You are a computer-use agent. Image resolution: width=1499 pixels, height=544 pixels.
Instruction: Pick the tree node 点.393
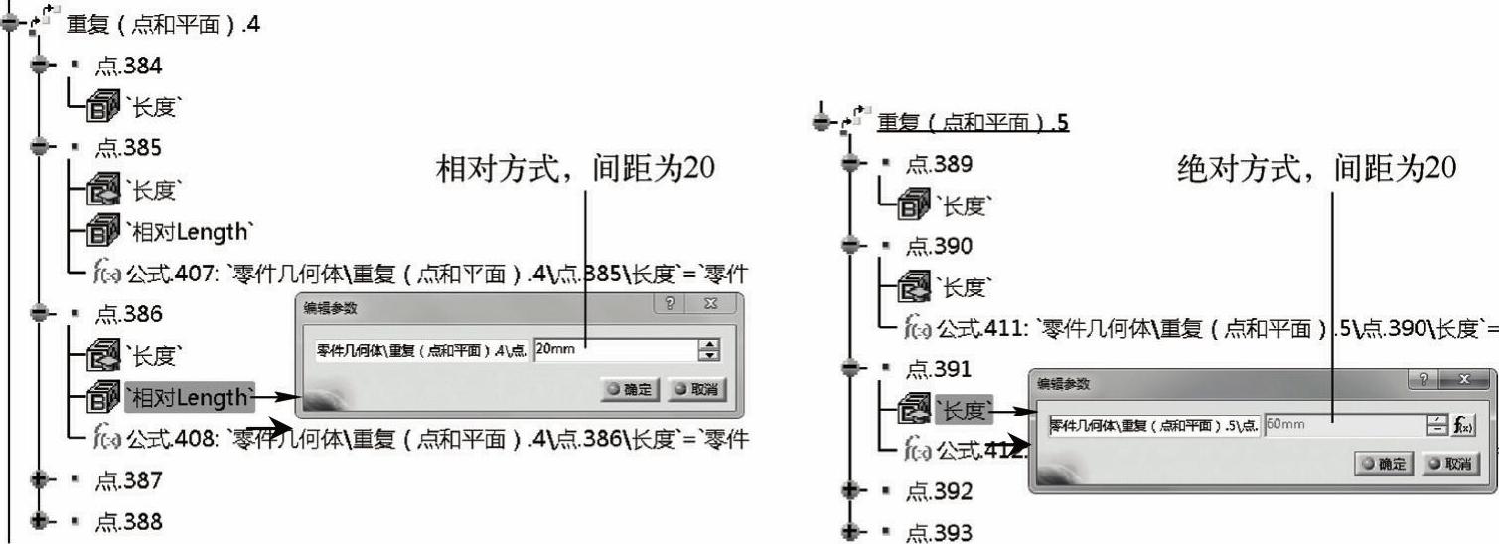coord(939,533)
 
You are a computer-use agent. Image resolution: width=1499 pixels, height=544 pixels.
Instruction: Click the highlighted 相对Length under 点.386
coord(189,397)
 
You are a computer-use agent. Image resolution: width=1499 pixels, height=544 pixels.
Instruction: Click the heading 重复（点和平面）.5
coord(972,123)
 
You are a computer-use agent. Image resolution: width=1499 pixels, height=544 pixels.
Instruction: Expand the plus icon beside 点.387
coord(41,479)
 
